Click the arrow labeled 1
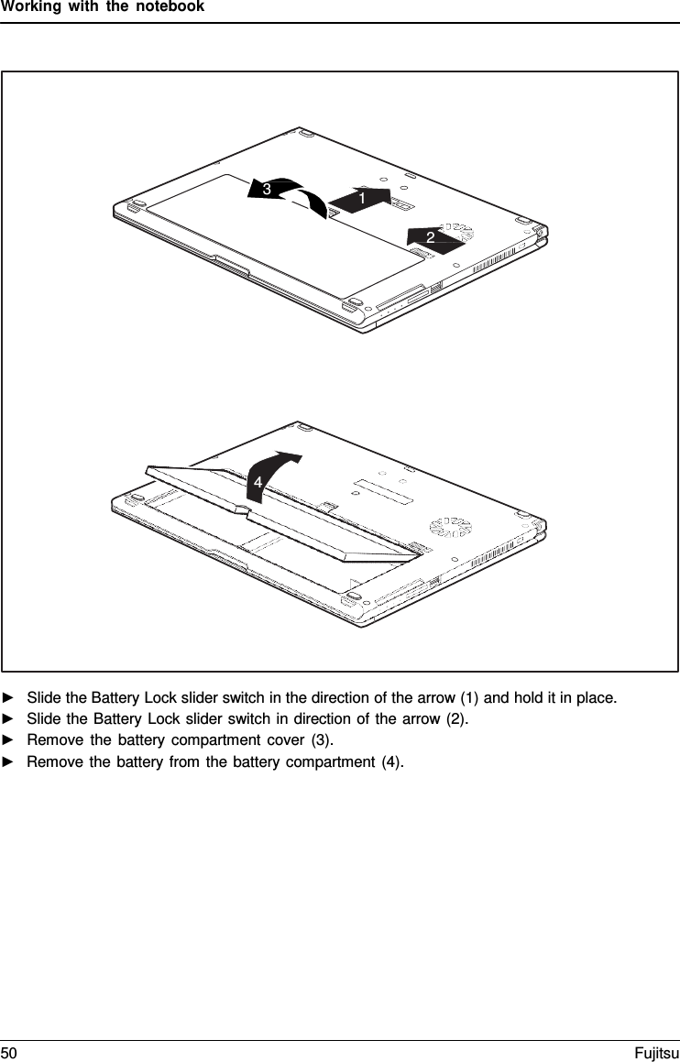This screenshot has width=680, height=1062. [x=360, y=198]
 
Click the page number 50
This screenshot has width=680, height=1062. [x=9, y=1053]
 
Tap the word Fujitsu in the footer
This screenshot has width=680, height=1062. [x=656, y=1053]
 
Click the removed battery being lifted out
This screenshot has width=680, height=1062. [x=275, y=513]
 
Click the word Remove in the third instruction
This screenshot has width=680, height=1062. [x=52, y=739]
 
